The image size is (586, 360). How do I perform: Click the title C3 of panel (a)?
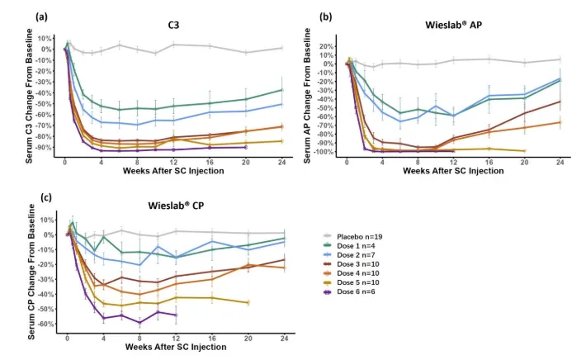[x=173, y=26]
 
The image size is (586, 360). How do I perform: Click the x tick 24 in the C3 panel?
[x=282, y=163]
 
